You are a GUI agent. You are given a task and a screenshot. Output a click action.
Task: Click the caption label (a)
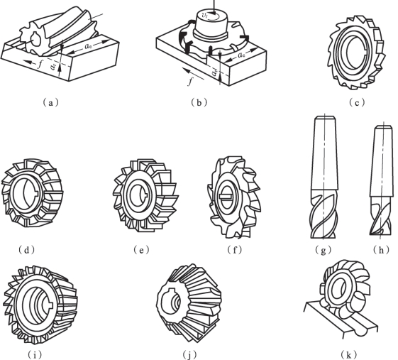click(x=50, y=103)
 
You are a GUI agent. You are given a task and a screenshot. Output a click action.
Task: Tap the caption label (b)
click(x=199, y=102)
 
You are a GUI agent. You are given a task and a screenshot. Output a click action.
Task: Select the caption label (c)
click(x=357, y=103)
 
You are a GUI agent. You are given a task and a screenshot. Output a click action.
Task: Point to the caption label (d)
click(x=27, y=250)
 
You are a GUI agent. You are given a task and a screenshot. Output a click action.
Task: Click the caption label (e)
click(x=142, y=250)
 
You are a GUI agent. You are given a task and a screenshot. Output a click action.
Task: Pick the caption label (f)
click(x=235, y=250)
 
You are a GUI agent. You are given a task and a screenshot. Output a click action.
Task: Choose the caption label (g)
click(x=323, y=250)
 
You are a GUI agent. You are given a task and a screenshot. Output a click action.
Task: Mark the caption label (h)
click(x=381, y=250)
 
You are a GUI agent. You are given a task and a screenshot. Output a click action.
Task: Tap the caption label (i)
click(x=34, y=354)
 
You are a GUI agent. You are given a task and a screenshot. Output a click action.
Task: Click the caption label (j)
click(x=189, y=354)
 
